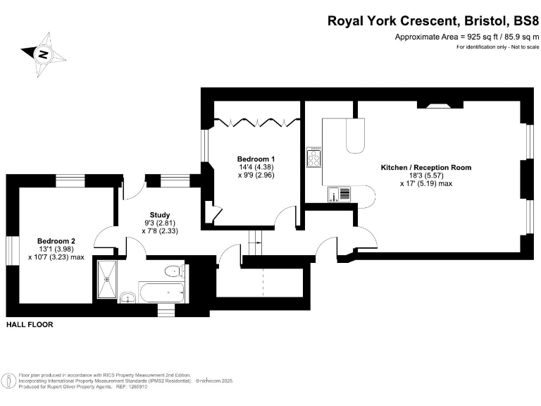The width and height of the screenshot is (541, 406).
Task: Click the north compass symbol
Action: (43, 53)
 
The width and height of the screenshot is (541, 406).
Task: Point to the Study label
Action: (160, 215)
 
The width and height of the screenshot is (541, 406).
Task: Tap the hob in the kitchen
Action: (313, 158)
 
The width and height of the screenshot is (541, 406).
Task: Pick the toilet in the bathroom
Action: (172, 271)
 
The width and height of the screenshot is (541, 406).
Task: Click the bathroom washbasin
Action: (127, 297)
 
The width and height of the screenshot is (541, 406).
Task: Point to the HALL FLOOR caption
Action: (30, 325)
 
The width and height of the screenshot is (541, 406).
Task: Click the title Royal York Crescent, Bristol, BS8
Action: (433, 20)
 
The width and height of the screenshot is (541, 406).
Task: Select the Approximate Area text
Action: (466, 37)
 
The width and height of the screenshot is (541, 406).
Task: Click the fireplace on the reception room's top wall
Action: (435, 106)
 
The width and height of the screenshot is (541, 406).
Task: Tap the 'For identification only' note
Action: (497, 47)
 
